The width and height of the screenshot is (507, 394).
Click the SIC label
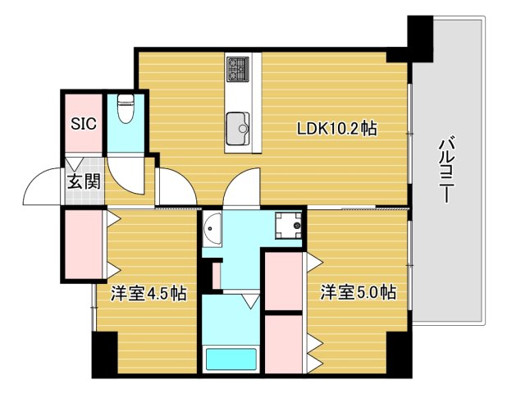click(84, 123)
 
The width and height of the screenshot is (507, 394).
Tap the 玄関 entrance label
click(84, 181)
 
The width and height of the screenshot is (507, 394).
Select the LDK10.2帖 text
click(337, 128)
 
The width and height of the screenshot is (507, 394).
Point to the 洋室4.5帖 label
click(148, 293)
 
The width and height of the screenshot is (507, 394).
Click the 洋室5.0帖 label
click(359, 292)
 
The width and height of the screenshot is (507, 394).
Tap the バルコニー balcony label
click(447, 171)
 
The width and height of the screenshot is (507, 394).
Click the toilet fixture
click(126, 108)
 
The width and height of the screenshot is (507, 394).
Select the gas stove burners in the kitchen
click(238, 69)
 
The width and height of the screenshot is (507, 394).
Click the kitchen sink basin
click(238, 128)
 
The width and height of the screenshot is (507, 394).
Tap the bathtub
click(231, 359)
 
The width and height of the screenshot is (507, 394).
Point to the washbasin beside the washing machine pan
click(212, 229)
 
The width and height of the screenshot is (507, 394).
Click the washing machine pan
click(288, 226)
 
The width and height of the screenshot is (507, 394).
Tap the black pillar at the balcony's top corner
click(420, 39)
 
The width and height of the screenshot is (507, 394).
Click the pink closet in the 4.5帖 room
click(84, 244)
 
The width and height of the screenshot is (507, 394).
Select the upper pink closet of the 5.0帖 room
click(284, 281)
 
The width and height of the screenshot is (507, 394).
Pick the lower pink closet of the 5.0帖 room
click(284, 344)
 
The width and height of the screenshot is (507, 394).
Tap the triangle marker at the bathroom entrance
click(251, 301)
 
